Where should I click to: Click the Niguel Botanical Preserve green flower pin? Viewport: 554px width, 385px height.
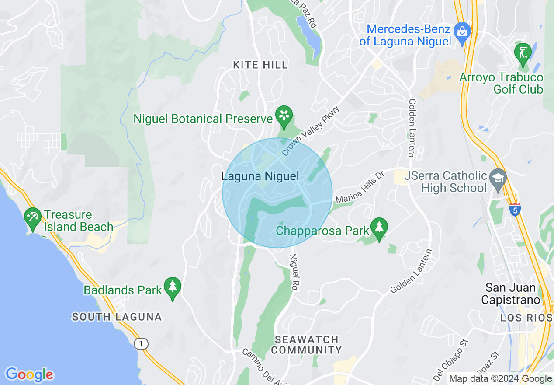284,116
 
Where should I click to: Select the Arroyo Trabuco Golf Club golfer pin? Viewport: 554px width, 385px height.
523,52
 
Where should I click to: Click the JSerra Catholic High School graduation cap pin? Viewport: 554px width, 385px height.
498,178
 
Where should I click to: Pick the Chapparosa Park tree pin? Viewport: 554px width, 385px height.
379,227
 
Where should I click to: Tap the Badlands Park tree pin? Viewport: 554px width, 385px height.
173,287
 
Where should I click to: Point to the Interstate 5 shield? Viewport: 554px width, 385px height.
515,210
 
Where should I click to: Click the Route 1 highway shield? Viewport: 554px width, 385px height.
141,344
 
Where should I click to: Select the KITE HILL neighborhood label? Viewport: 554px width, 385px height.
260,65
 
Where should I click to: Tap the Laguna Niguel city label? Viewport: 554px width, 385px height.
260,176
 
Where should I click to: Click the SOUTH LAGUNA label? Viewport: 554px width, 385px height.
117,317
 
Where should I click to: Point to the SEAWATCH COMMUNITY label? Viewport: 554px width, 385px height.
308,345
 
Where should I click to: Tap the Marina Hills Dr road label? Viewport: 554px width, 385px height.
359,187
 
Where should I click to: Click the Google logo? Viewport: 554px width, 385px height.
29,374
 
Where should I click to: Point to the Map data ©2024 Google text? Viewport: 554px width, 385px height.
501,379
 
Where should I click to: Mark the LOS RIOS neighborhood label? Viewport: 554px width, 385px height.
527,318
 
